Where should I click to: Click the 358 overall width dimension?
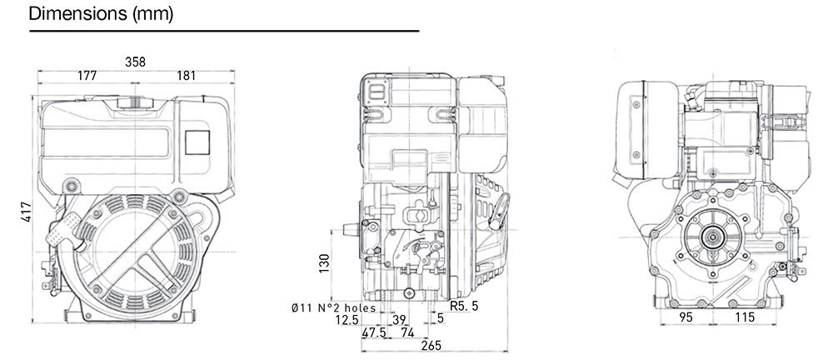[135, 61]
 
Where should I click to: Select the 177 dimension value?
[87, 76]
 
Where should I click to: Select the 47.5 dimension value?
[374, 332]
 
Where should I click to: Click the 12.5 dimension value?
[347, 319]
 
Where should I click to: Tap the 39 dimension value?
[398, 319]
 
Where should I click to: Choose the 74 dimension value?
[407, 332]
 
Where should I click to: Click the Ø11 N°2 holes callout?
[333, 307]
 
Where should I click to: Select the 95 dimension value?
[686, 317]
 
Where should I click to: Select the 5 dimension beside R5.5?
[440, 319]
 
